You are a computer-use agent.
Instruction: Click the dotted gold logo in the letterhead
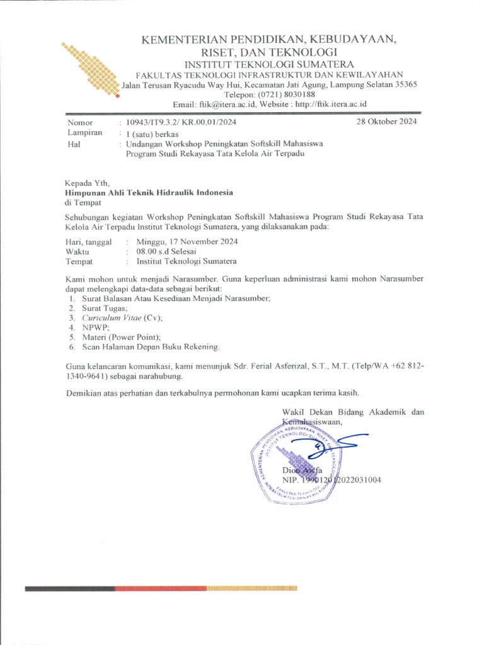point(90,69)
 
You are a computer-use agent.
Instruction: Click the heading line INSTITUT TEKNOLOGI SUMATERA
point(269,64)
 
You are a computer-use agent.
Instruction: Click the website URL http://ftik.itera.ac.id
point(331,104)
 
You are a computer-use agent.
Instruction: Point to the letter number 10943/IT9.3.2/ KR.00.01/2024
point(181,122)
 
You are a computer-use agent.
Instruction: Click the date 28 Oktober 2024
point(386,122)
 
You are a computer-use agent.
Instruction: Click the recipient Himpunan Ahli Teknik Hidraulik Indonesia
point(149,193)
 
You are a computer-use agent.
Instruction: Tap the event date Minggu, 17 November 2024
point(187,241)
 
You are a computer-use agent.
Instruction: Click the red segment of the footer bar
point(161,588)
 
